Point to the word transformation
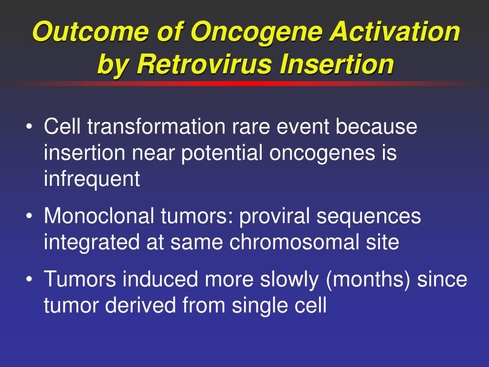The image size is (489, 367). point(156,126)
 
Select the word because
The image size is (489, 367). point(376,126)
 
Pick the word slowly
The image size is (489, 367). point(289,280)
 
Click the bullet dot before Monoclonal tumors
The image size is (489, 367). point(29,216)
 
